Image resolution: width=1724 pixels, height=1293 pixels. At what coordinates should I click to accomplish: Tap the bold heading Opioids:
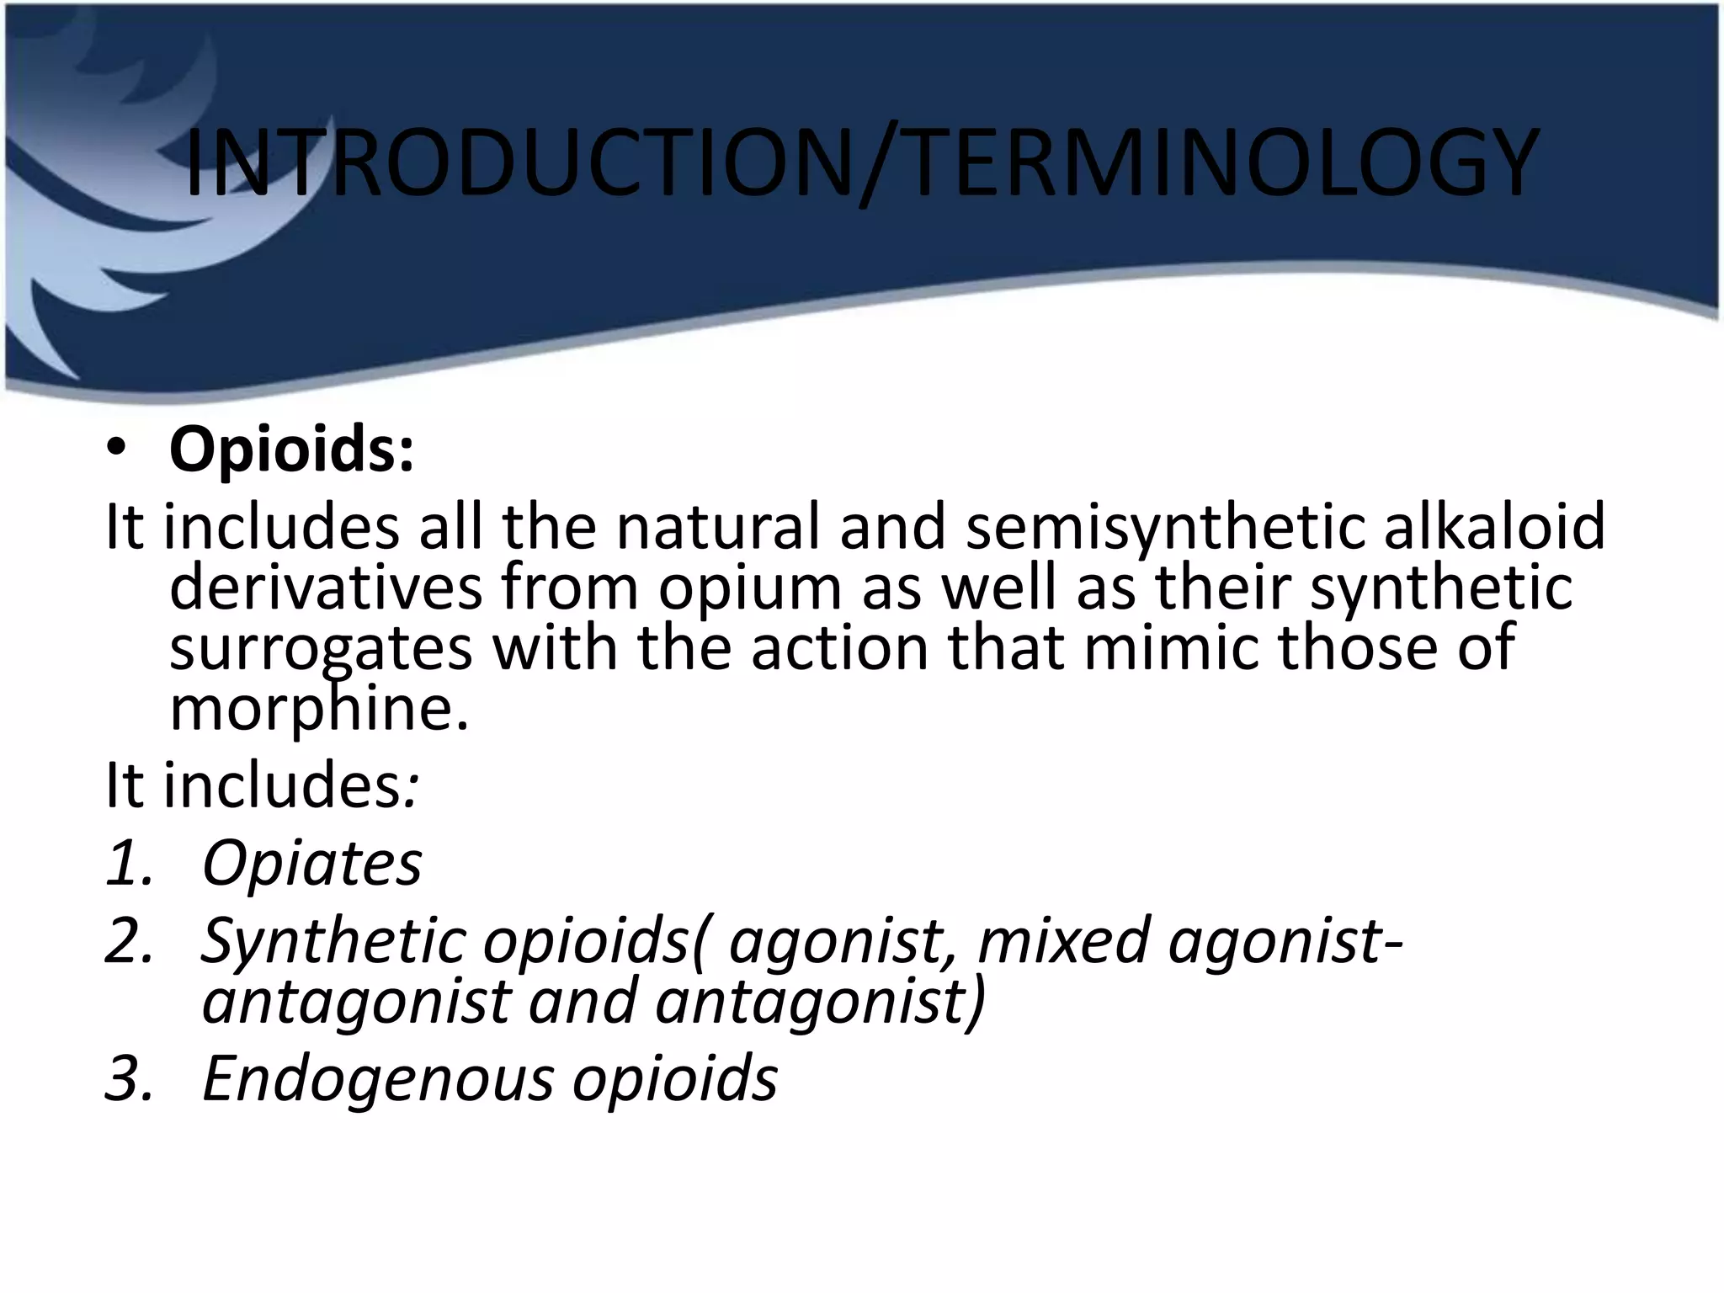(291, 450)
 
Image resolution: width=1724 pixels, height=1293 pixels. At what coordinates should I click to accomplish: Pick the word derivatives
(326, 587)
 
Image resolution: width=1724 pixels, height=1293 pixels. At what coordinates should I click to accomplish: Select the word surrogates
(321, 649)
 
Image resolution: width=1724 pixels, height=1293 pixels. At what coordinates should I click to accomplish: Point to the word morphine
(318, 709)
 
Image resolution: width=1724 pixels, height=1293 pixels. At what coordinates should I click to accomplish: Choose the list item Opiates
(311, 864)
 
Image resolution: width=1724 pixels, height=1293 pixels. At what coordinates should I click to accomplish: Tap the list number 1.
(129, 864)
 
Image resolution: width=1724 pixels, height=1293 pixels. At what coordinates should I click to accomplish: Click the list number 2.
(129, 940)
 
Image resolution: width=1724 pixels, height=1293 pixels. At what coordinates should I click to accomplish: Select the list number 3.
(129, 1078)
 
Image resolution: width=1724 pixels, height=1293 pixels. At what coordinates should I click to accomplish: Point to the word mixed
(1063, 940)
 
